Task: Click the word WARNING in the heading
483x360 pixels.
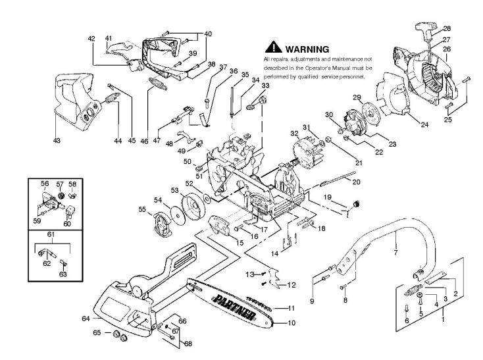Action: [305, 49]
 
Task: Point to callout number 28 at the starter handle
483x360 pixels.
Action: [447, 28]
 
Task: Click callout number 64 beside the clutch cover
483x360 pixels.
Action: [85, 319]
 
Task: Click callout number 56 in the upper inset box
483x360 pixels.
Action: [45, 184]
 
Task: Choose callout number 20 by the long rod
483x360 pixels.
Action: [355, 182]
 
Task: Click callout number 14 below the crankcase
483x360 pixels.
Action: [275, 253]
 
